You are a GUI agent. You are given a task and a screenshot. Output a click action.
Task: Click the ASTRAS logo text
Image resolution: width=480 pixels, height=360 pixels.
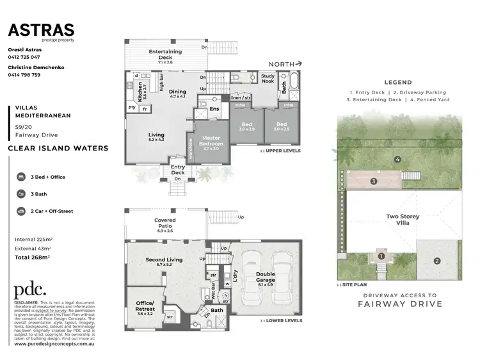41,30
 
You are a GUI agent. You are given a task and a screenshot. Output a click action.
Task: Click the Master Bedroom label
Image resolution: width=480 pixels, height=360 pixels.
211,141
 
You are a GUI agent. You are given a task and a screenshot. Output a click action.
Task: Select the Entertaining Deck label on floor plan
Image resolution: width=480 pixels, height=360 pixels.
165,53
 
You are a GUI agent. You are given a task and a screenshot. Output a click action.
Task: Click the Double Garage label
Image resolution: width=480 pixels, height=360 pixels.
265,277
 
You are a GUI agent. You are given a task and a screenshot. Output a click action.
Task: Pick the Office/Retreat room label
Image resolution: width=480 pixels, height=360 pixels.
144,307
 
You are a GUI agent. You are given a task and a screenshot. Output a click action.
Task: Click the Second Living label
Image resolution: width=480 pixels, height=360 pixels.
164,261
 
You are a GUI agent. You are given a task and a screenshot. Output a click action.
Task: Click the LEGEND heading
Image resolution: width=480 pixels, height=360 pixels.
398,82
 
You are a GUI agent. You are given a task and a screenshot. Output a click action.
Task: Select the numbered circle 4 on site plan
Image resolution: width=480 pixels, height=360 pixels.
397,159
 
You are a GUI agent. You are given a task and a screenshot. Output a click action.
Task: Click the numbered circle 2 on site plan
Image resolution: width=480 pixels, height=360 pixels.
436,261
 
